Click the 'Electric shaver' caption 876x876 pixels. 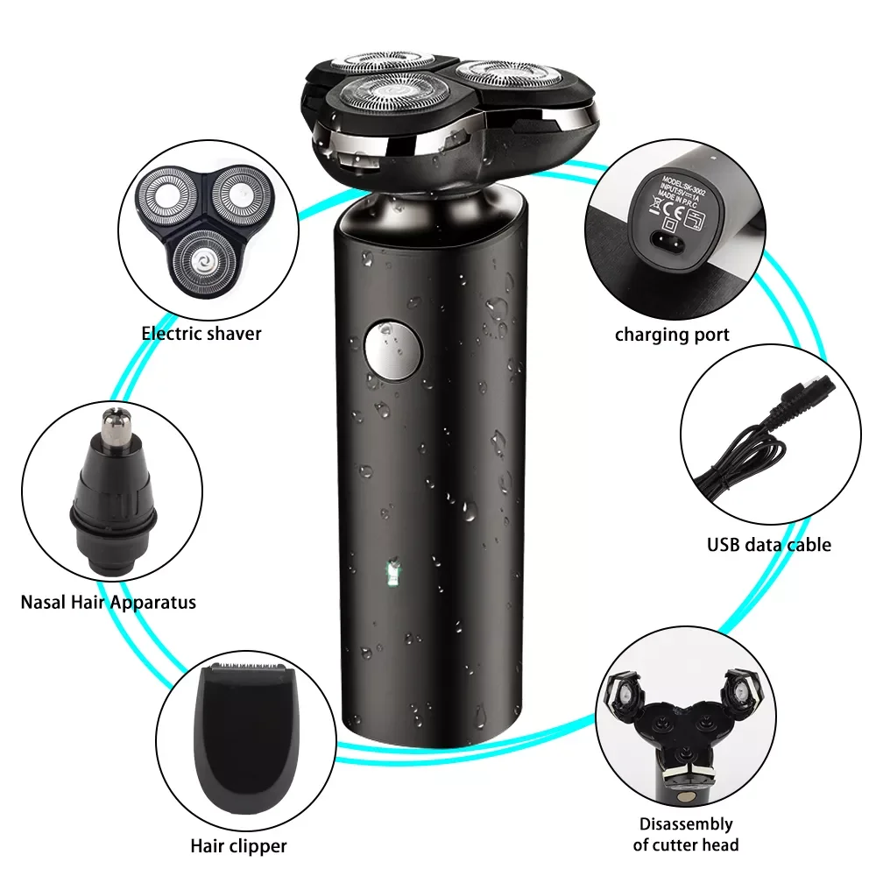click(x=201, y=333)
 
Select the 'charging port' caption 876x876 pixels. click(x=672, y=334)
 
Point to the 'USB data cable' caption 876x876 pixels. click(x=769, y=544)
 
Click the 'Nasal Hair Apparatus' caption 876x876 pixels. click(x=108, y=602)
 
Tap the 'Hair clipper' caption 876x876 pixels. click(x=238, y=845)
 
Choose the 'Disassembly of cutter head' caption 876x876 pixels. click(x=685, y=834)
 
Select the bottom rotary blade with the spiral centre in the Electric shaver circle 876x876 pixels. click(x=207, y=260)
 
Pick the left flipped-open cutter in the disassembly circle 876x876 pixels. click(x=644, y=692)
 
